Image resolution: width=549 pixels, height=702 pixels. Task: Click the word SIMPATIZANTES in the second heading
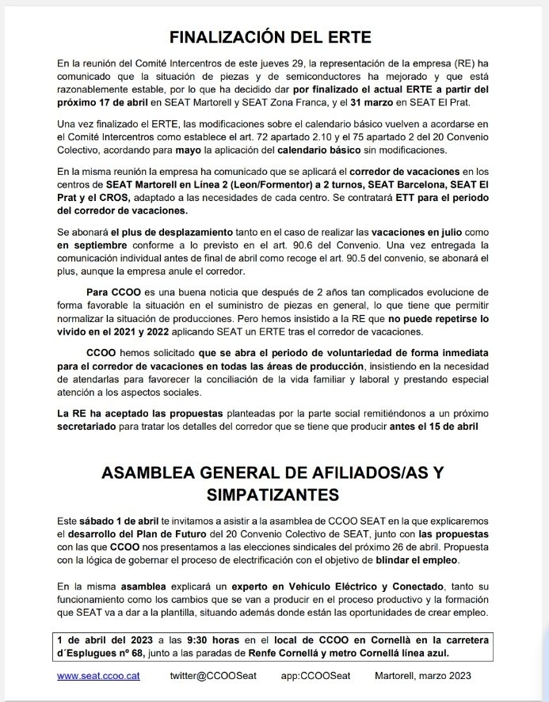(x=274, y=494)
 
